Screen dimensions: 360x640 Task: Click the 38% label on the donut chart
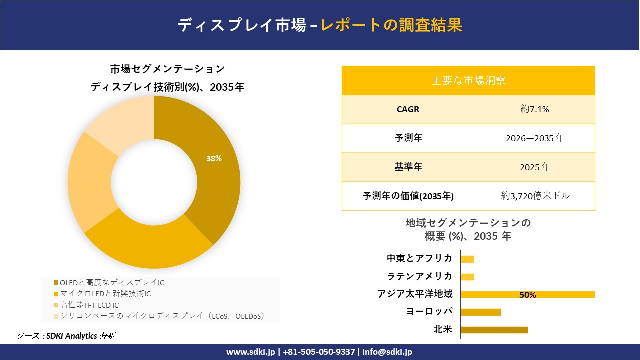click(214, 159)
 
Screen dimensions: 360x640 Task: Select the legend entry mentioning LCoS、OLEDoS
click(159, 316)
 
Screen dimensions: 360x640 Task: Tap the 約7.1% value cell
click(535, 109)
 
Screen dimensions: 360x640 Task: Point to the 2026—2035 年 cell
click(535, 138)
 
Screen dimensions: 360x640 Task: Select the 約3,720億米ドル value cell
click(535, 196)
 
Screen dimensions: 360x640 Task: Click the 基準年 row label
click(408, 167)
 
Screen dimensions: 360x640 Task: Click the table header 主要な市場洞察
click(468, 80)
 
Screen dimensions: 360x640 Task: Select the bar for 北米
click(494, 330)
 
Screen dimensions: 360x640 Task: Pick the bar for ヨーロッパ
click(480, 312)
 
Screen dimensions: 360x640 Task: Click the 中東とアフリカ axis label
click(420, 258)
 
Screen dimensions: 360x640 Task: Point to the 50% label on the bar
click(527, 295)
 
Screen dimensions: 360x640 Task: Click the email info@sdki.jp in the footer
click(387, 352)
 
